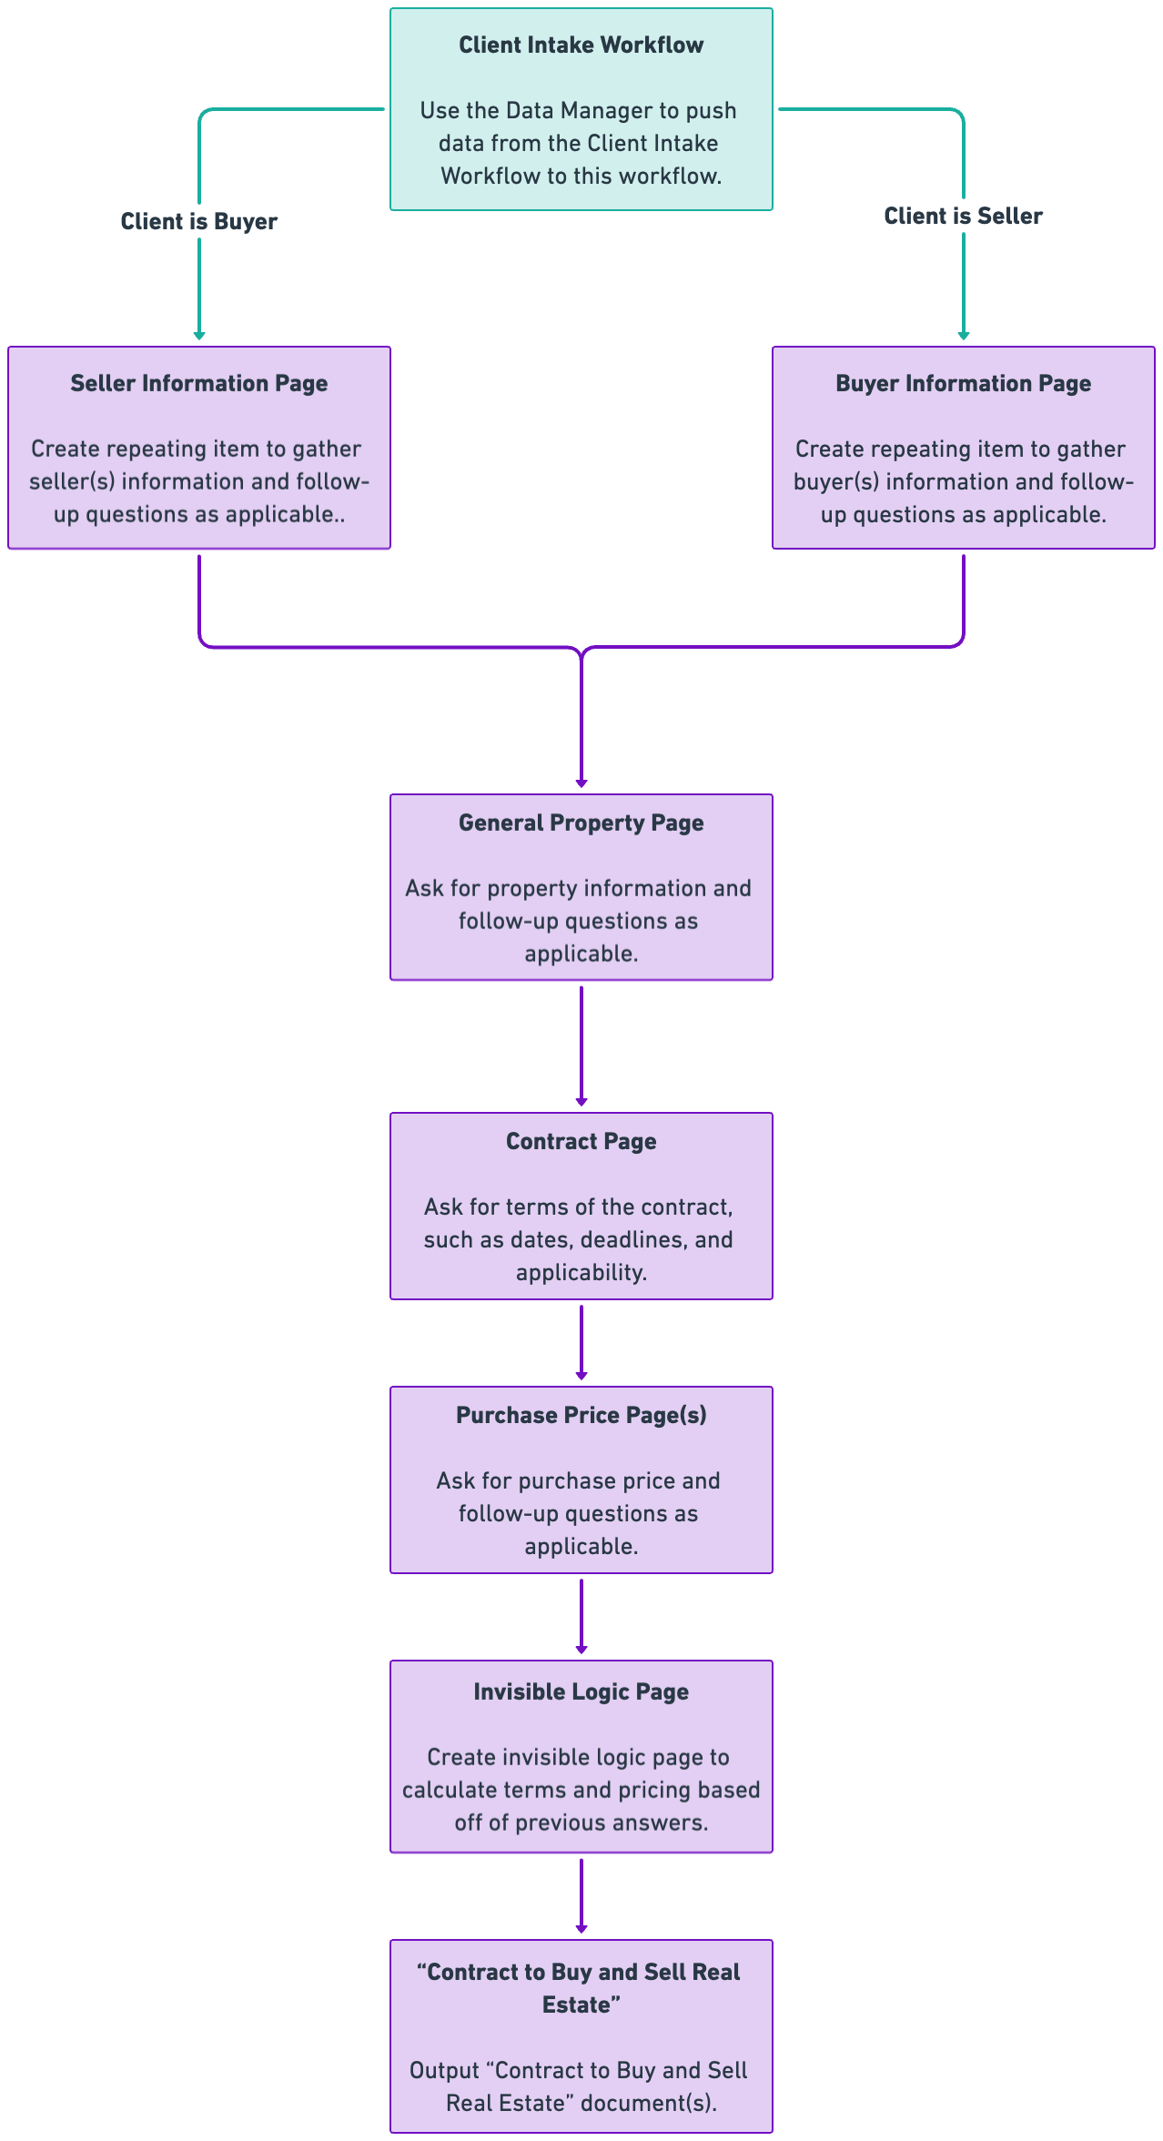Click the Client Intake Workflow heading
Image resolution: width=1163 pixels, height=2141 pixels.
581,45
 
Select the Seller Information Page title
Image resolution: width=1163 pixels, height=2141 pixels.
199,384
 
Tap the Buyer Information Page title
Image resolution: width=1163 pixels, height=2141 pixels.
964,384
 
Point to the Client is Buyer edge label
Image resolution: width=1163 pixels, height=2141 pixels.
199,222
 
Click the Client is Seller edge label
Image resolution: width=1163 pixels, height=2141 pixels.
964,217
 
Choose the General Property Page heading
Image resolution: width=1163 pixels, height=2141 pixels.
581,823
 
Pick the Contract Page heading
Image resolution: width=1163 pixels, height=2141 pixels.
581,1142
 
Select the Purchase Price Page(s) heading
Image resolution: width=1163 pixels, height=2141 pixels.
581,1416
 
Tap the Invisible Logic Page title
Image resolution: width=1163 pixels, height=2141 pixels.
581,1692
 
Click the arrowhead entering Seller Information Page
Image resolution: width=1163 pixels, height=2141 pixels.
199,336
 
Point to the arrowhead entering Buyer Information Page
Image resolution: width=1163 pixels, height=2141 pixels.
964,336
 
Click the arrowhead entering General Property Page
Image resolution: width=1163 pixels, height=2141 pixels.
581,783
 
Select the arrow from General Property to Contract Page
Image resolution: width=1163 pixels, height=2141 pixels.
581,1046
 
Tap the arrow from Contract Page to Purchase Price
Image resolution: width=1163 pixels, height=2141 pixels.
581,1343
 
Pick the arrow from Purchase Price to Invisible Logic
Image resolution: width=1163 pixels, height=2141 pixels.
581,1617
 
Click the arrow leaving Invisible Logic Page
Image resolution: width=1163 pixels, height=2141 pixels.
581,1896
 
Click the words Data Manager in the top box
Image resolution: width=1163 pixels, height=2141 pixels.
580,111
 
